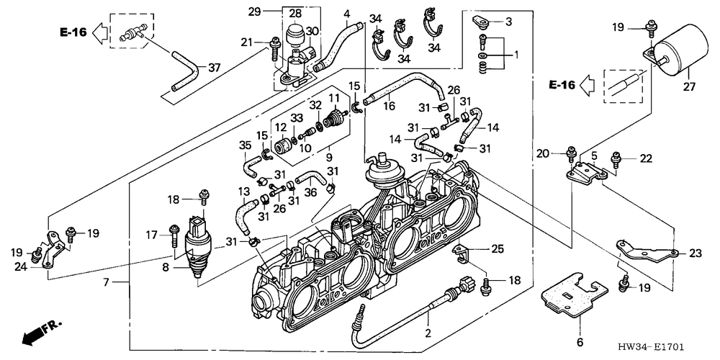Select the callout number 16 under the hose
pos(390,106)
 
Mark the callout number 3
pos(508,22)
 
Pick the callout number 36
pos(310,192)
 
